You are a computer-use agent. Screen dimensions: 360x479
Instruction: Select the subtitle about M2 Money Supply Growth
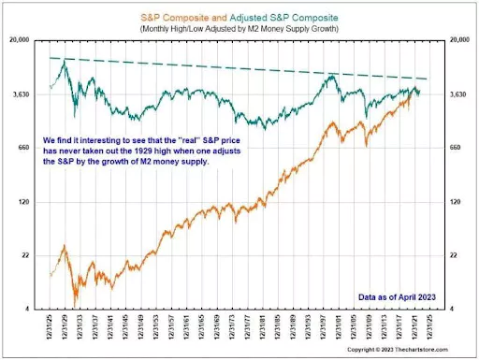239,29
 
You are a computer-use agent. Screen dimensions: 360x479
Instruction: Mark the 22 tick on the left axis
25,255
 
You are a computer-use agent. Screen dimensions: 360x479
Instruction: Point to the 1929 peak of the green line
64,61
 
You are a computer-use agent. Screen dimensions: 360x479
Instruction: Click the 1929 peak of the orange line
64,246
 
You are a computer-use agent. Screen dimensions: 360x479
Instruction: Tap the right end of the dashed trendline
428,79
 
